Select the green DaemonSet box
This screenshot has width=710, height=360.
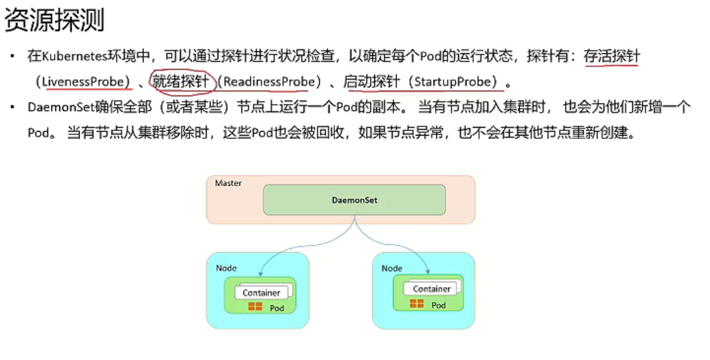pyautogui.click(x=354, y=199)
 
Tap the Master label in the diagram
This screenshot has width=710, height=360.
pyautogui.click(x=228, y=183)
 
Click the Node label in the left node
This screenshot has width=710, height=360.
pyautogui.click(x=226, y=269)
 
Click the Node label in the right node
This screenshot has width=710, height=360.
pyautogui.click(x=392, y=269)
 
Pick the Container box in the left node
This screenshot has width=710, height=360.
pyautogui.click(x=261, y=293)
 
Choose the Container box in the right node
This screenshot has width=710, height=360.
pyautogui.click(x=432, y=289)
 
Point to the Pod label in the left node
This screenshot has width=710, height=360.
pyautogui.click(x=276, y=307)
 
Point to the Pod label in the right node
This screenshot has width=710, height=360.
pyautogui.click(x=438, y=305)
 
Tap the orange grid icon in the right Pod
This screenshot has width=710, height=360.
pyautogui.click(x=417, y=303)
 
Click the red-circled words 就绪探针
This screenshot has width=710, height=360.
pyautogui.click(x=180, y=82)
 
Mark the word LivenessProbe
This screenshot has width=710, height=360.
pyautogui.click(x=83, y=82)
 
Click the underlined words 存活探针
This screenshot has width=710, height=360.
pyautogui.click(x=611, y=57)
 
